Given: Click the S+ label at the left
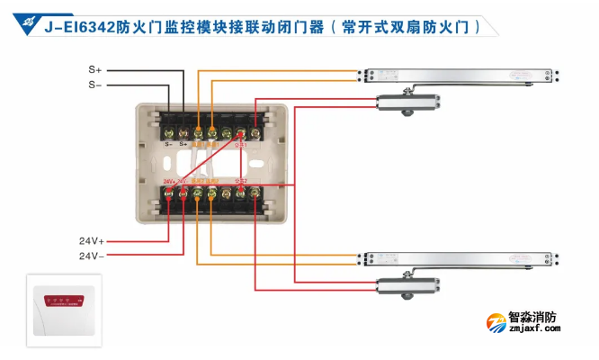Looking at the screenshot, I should point(95,69).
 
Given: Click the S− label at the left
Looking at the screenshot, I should point(95,85).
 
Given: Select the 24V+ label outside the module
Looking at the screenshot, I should point(91,241).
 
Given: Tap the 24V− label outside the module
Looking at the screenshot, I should point(91,256).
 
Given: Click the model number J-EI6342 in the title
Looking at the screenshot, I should point(74,26).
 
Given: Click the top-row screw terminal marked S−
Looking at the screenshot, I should point(168,131).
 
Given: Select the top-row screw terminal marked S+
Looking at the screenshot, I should point(183,131).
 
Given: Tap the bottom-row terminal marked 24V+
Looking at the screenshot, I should point(168,193).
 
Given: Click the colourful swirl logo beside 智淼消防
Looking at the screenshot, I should point(496,322).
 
